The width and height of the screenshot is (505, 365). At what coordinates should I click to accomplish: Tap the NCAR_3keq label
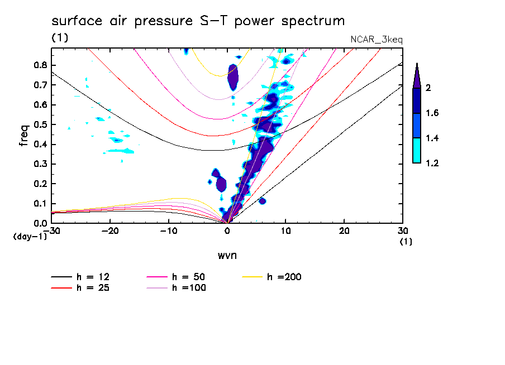(x=377, y=40)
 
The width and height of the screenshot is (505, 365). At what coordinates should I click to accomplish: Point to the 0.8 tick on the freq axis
(x=40, y=65)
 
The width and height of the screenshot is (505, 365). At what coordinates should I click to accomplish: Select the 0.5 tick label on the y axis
(x=40, y=124)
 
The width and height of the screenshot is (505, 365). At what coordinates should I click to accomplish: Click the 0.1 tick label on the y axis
(x=40, y=203)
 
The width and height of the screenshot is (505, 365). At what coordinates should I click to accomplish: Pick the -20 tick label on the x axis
(x=110, y=231)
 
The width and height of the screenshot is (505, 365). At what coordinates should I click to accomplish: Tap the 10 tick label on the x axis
(x=285, y=231)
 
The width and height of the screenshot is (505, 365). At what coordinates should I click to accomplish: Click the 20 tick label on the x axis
(x=344, y=231)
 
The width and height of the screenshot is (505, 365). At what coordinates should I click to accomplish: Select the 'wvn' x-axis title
(x=227, y=256)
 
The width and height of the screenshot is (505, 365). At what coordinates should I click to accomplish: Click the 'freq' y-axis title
(x=23, y=136)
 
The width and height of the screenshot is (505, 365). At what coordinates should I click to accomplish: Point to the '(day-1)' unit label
(x=30, y=237)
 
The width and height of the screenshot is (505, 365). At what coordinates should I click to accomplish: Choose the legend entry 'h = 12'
(x=80, y=277)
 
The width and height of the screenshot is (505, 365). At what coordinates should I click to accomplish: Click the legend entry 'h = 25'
(x=80, y=287)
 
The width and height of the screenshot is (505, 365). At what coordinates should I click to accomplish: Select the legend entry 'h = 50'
(x=176, y=277)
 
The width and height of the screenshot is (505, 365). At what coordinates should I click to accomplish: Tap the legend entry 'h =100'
(x=176, y=287)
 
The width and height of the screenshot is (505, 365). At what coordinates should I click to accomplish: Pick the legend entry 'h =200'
(x=272, y=277)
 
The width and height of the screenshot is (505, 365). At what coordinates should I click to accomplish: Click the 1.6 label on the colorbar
(x=432, y=113)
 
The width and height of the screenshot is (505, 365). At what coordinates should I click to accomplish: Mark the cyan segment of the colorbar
(x=417, y=150)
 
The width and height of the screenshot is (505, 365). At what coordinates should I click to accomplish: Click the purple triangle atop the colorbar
(x=417, y=76)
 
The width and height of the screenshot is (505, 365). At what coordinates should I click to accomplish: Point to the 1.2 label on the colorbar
(x=432, y=163)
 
